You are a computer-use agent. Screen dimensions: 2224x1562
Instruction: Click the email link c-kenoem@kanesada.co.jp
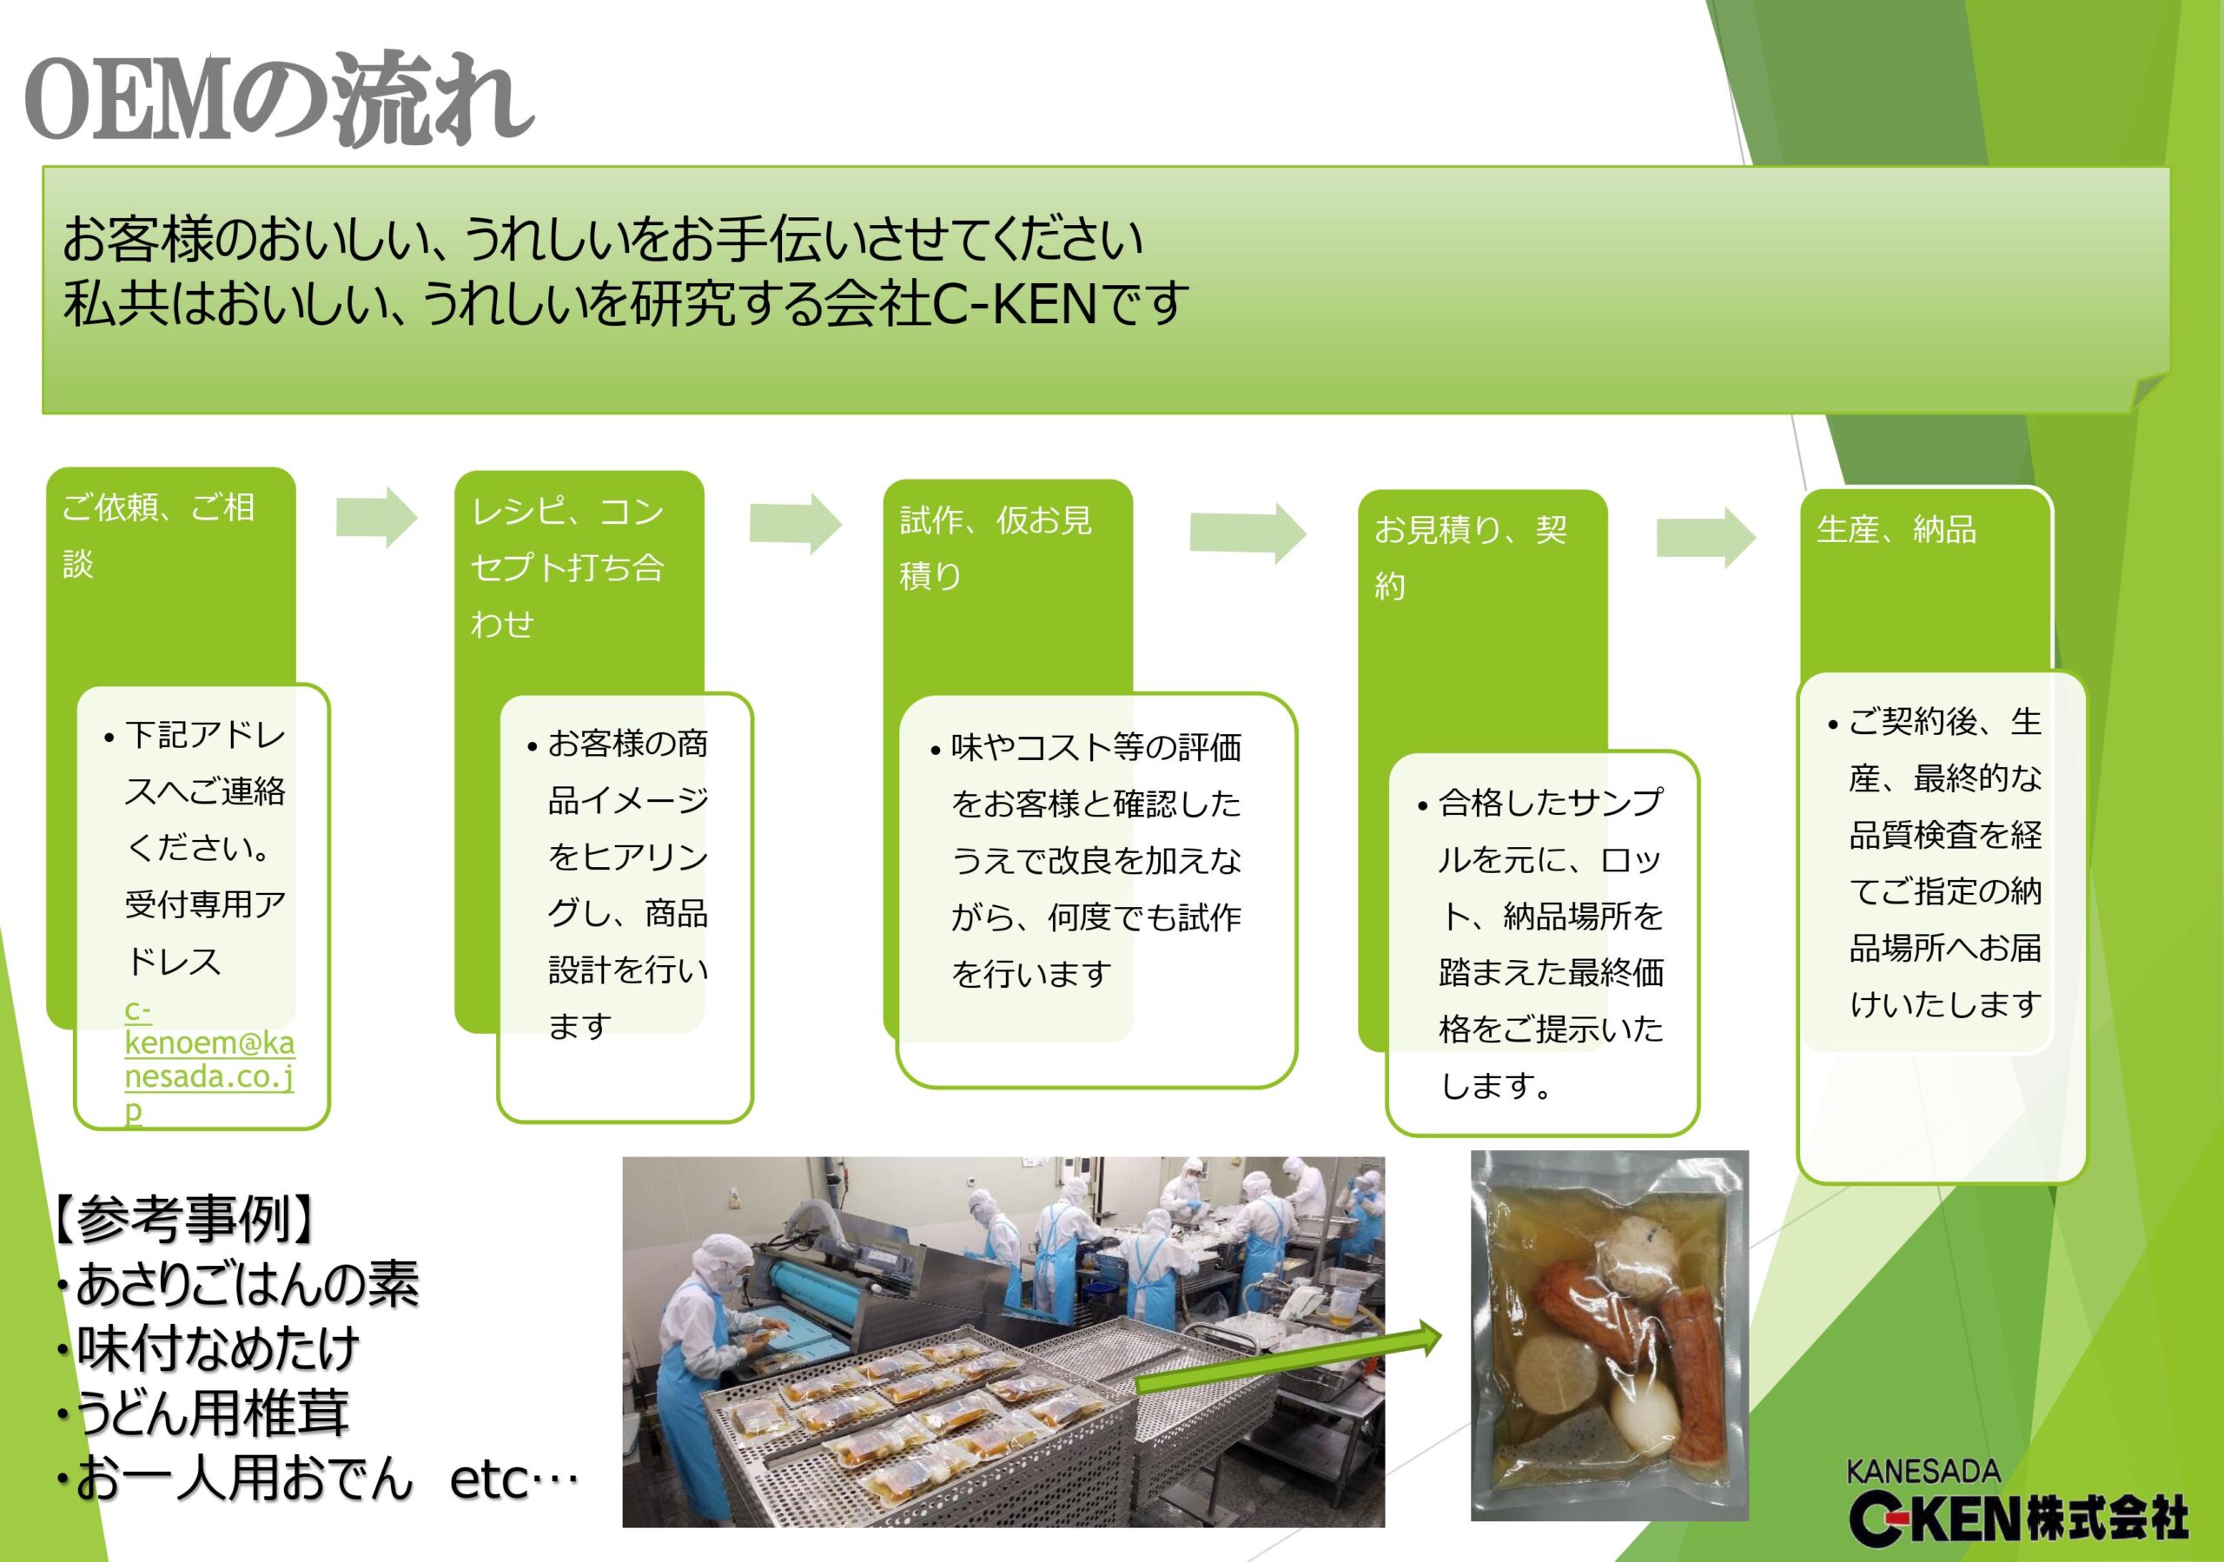[209, 1059]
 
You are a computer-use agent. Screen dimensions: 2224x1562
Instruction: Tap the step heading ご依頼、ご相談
[159, 534]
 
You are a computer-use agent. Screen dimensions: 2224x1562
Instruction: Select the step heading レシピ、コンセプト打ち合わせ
[567, 567]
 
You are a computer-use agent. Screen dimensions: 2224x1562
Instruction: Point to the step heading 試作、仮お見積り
[996, 548]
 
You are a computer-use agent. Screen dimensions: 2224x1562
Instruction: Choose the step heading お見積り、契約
[1471, 558]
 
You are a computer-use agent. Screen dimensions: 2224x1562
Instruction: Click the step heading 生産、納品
[1896, 530]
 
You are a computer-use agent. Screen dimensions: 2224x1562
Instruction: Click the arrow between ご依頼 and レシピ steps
[377, 517]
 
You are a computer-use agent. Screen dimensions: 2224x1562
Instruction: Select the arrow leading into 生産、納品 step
[1705, 537]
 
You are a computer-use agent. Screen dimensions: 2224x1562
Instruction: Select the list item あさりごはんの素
[238, 1284]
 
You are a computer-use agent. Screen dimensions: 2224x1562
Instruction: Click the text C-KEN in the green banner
[1014, 303]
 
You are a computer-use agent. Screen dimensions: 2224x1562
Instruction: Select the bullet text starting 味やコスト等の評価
[1086, 860]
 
